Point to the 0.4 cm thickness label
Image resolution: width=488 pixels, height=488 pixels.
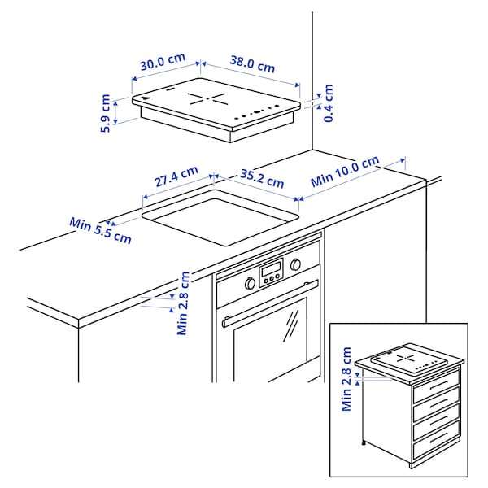pyautogui.click(x=328, y=103)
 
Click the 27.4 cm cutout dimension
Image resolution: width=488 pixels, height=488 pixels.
pyautogui.click(x=176, y=178)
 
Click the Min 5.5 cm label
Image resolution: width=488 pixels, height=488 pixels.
pyautogui.click(x=100, y=230)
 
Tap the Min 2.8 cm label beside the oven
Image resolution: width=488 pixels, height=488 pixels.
pyautogui.click(x=184, y=303)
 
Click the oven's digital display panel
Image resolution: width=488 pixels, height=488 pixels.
pyautogui.click(x=271, y=272)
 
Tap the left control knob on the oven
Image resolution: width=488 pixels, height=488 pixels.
pyautogui.click(x=249, y=282)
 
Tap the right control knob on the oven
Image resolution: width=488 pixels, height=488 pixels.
pyautogui.click(x=294, y=264)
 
